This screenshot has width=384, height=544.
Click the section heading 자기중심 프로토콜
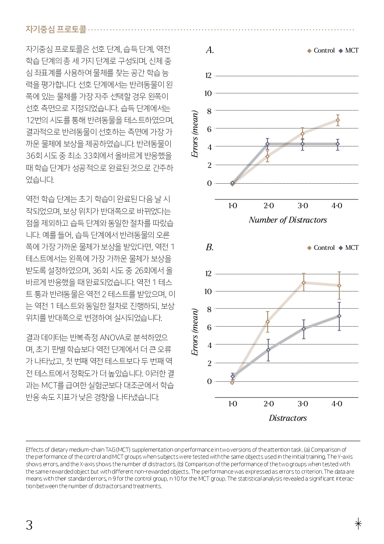click(x=56, y=29)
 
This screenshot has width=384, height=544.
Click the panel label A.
click(x=210, y=50)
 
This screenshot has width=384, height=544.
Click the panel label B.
click(x=210, y=247)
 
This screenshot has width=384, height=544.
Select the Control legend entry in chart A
click(x=321, y=50)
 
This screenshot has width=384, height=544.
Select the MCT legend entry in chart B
click(x=349, y=248)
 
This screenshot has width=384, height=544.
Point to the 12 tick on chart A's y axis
click(x=208, y=75)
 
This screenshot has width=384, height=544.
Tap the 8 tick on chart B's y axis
click(x=209, y=309)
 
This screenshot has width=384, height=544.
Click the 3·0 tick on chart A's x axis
click(x=303, y=206)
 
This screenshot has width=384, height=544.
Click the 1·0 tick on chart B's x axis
click(x=233, y=404)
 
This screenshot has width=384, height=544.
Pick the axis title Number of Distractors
click(x=288, y=220)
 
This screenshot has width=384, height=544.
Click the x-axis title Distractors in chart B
click(x=288, y=418)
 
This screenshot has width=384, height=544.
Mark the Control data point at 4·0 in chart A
click(x=338, y=120)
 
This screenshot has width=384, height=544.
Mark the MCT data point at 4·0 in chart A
click(x=338, y=144)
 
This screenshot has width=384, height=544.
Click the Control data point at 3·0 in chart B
click(x=303, y=283)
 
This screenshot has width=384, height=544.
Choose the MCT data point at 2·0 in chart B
click(x=268, y=350)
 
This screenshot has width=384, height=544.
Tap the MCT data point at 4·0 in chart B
click(x=339, y=316)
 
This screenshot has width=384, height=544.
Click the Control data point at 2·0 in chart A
click(x=268, y=156)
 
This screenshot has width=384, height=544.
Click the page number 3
click(x=29, y=525)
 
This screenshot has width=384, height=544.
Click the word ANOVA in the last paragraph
click(x=112, y=338)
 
